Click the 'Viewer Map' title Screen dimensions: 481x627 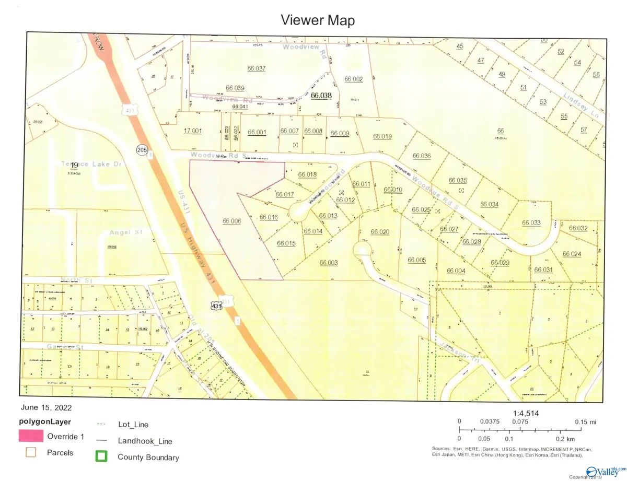click(x=318, y=20)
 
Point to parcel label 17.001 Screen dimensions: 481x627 click(x=192, y=132)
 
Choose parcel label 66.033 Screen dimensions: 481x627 click(x=531, y=223)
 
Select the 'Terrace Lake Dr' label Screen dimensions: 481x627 click(x=90, y=164)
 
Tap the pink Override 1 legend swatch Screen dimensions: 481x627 click(x=30, y=436)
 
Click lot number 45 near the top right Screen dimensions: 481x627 click(x=460, y=46)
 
